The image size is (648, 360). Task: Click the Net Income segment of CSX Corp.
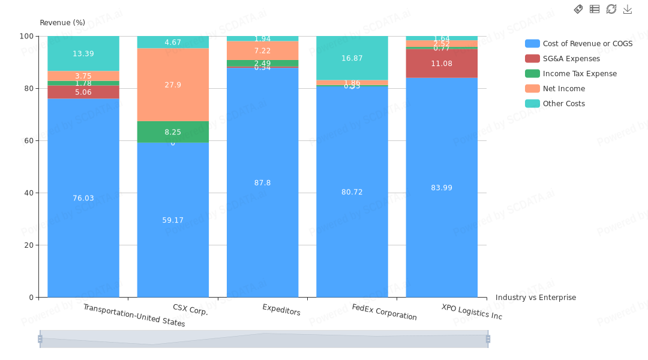click(173, 85)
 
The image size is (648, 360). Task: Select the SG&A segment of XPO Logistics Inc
click(442, 63)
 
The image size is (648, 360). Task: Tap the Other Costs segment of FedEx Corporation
click(352, 58)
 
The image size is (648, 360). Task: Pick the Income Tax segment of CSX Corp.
click(173, 131)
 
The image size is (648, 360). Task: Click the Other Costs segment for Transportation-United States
click(83, 53)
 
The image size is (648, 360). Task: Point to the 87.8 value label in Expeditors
click(263, 183)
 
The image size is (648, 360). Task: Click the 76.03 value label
click(83, 199)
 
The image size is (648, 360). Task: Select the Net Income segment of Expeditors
click(263, 50)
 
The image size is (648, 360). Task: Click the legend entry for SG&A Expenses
click(571, 59)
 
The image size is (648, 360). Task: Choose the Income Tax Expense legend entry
click(579, 74)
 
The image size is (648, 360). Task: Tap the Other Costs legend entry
click(563, 104)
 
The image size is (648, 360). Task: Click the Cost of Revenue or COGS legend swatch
click(532, 44)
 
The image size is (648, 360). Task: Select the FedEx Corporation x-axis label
click(384, 313)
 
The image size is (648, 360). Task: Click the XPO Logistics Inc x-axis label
click(472, 312)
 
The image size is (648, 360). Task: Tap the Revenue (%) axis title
click(62, 23)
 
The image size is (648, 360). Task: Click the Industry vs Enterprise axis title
click(535, 298)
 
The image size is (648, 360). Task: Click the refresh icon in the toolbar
click(611, 9)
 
